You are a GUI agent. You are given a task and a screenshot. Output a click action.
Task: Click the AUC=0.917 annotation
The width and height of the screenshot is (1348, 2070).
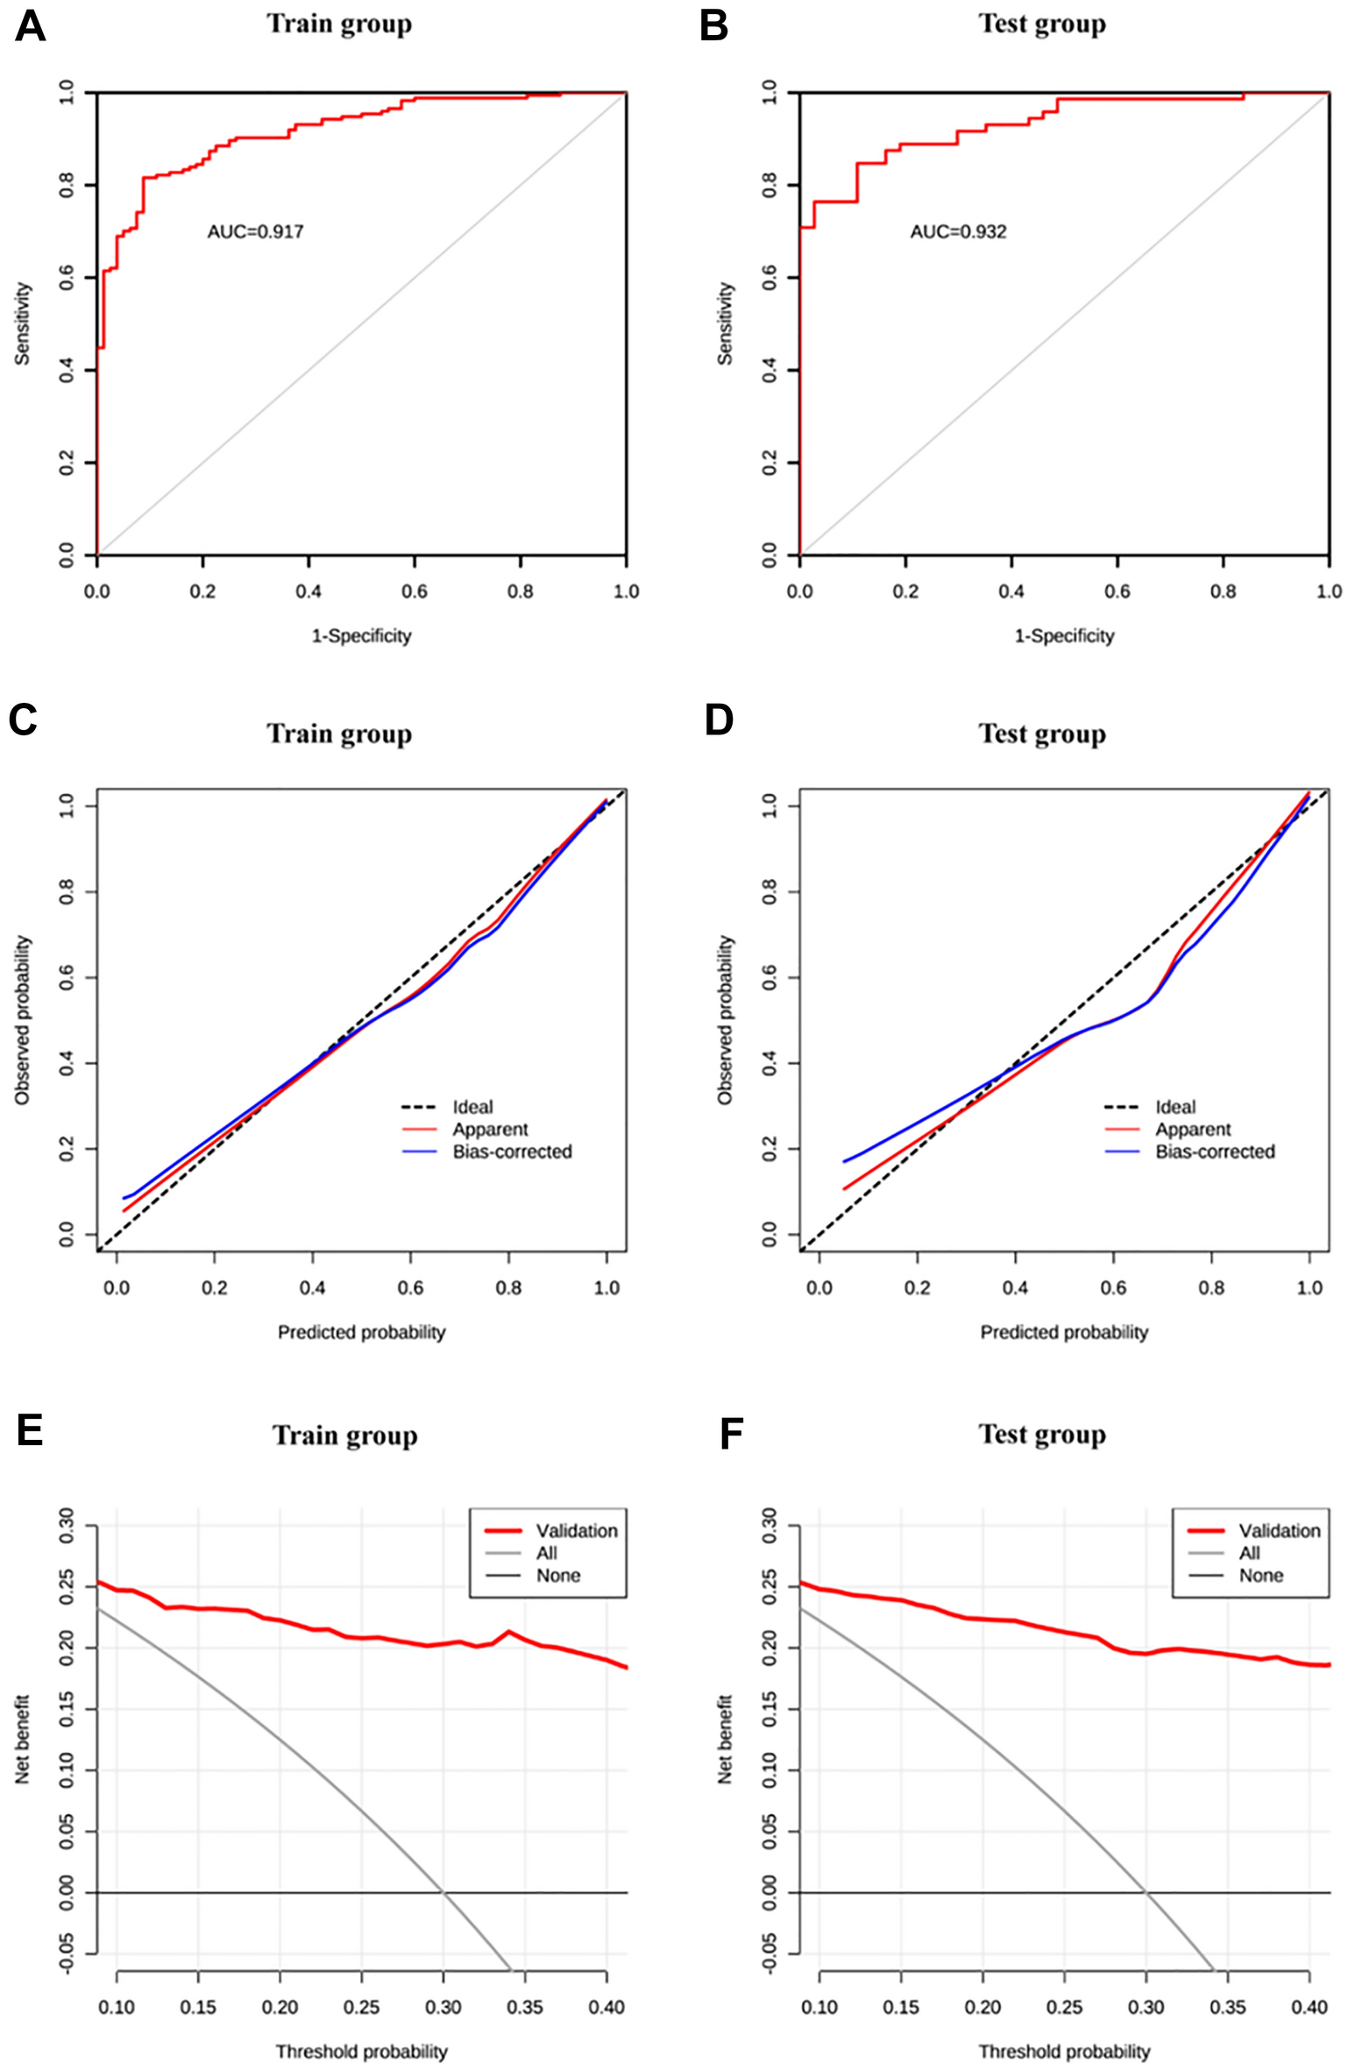click(255, 232)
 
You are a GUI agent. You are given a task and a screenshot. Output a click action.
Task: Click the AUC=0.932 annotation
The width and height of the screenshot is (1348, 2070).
click(958, 232)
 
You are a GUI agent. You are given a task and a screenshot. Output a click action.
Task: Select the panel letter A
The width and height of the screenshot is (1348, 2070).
click(30, 26)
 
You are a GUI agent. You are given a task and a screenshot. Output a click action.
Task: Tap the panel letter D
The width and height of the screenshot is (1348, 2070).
click(719, 720)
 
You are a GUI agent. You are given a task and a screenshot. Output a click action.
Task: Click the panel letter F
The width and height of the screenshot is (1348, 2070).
click(730, 1436)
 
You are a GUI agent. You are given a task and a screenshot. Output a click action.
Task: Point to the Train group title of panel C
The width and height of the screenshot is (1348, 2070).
click(339, 734)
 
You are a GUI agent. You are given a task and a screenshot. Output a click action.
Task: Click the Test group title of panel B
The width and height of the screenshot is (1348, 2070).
click(1042, 24)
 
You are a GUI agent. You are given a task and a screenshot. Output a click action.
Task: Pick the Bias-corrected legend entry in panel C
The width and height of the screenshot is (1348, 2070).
click(512, 1152)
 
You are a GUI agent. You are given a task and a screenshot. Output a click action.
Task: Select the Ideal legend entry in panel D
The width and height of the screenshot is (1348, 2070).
click(1174, 1107)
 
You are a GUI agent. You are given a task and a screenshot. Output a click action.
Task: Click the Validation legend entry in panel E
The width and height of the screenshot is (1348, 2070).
click(576, 1531)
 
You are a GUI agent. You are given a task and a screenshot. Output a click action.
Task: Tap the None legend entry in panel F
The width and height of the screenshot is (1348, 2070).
click(1260, 1576)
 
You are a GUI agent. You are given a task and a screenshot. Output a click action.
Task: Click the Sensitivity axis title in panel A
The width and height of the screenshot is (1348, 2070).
click(22, 323)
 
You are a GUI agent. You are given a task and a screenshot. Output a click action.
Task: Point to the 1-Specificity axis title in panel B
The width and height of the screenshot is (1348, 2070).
click(1064, 635)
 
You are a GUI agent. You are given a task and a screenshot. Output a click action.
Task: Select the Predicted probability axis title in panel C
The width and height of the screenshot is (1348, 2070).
click(361, 1332)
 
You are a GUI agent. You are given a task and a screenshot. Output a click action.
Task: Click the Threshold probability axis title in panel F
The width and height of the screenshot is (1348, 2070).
click(1064, 2051)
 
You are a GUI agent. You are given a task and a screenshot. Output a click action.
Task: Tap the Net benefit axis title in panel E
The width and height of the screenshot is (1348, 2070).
click(22, 1740)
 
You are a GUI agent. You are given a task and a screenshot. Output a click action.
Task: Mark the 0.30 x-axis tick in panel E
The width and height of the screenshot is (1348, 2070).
click(443, 2007)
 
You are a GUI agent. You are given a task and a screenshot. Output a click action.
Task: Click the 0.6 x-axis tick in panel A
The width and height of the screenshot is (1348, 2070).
click(415, 592)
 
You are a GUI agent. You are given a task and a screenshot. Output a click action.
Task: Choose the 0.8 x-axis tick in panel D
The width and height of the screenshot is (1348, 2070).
click(1211, 1288)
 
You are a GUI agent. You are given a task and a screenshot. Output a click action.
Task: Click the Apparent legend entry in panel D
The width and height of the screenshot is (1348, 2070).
click(1192, 1130)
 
